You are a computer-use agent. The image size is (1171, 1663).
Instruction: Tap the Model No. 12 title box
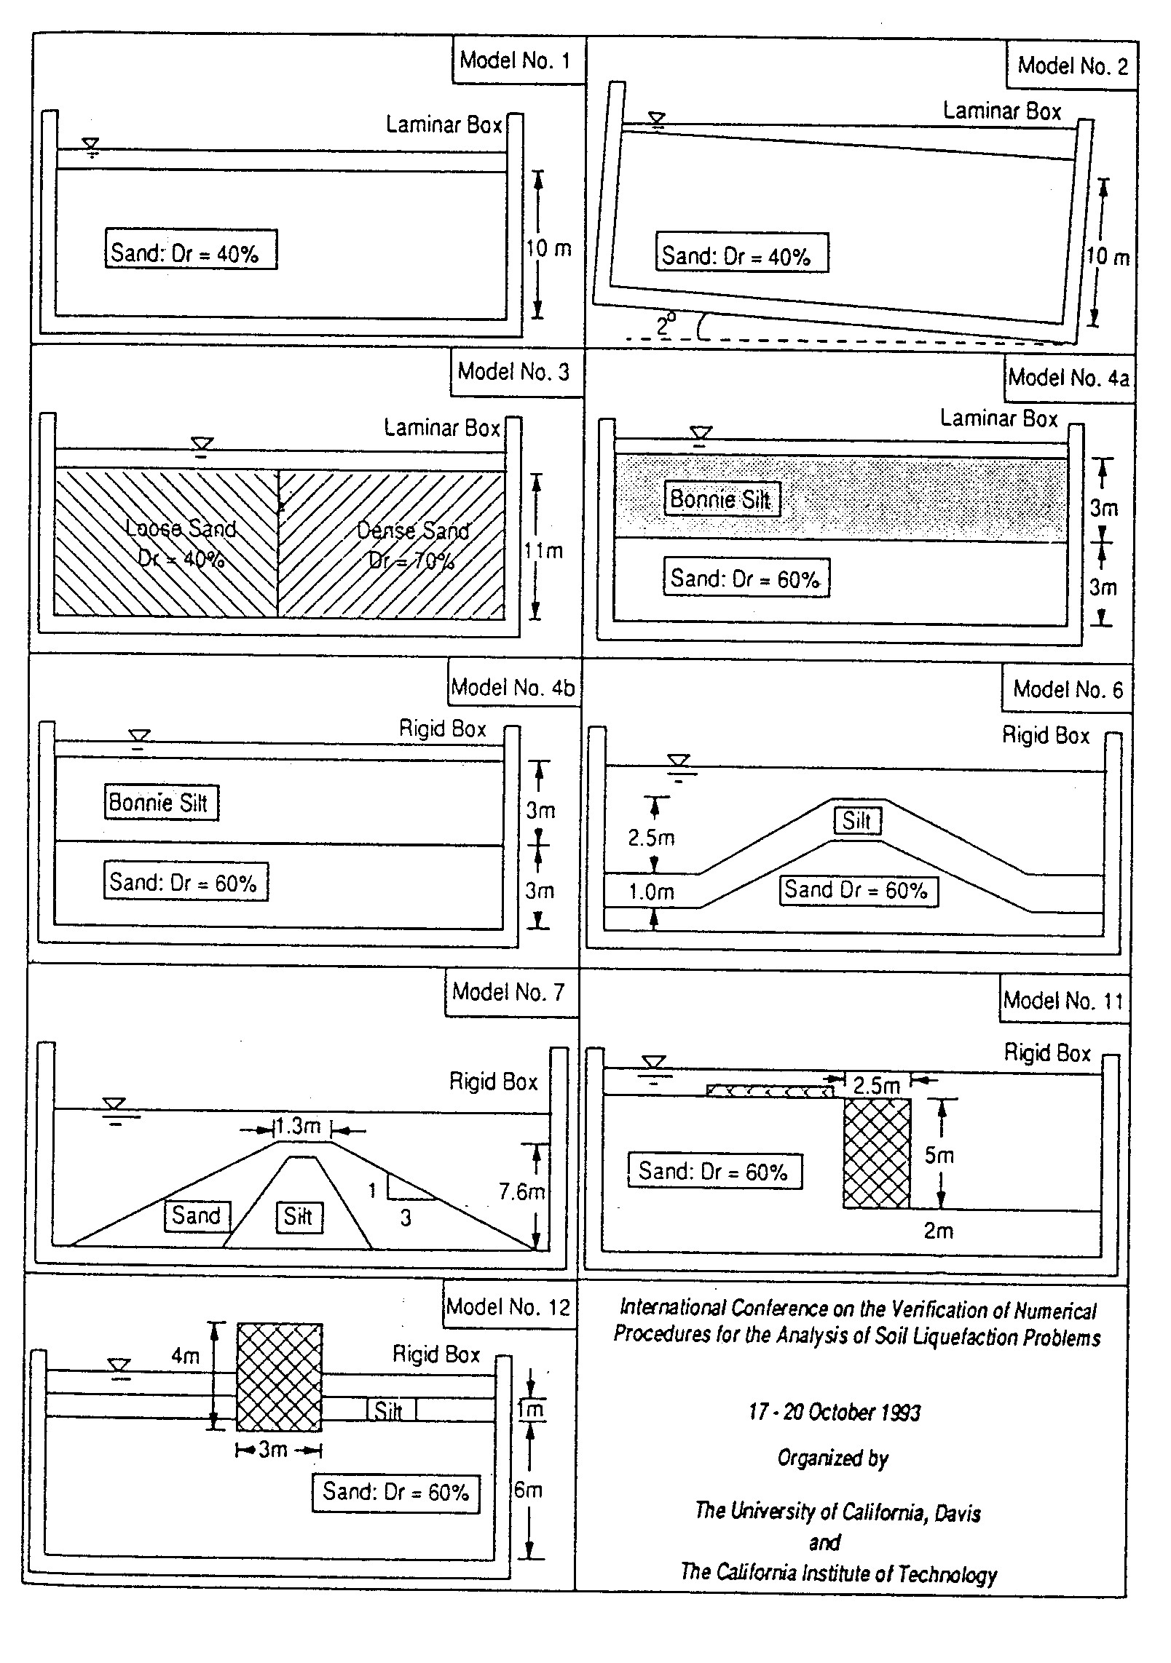pyautogui.click(x=508, y=1306)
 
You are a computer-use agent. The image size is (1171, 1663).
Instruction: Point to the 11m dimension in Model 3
pyautogui.click(x=544, y=551)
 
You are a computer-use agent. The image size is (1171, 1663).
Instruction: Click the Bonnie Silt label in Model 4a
pyautogui.click(x=721, y=499)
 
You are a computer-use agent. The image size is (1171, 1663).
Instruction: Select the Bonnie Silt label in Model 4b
pyautogui.click(x=160, y=802)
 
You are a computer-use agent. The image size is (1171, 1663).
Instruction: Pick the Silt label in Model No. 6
pyautogui.click(x=857, y=820)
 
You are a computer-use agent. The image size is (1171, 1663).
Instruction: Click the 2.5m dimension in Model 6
pyautogui.click(x=651, y=838)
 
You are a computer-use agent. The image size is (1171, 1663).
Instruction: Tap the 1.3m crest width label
pyautogui.click(x=298, y=1127)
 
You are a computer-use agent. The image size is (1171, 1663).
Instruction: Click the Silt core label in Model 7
pyautogui.click(x=299, y=1216)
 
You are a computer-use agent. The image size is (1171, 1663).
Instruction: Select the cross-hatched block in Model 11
pyautogui.click(x=877, y=1153)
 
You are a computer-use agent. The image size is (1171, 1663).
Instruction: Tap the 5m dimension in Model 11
pyautogui.click(x=939, y=1155)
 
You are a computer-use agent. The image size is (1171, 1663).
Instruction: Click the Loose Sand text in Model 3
pyautogui.click(x=181, y=528)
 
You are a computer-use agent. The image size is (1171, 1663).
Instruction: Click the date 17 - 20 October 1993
pyautogui.click(x=835, y=1413)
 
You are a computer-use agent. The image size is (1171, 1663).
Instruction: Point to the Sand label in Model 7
pyautogui.click(x=197, y=1215)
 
